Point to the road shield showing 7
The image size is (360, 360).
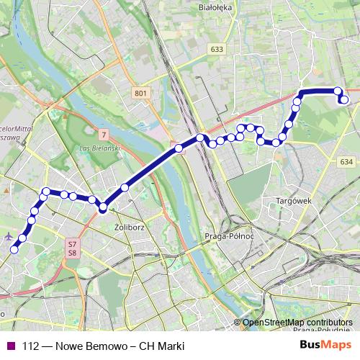(x=104, y=135)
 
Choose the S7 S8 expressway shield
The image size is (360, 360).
(x=72, y=248)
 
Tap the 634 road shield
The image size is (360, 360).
(x=347, y=162)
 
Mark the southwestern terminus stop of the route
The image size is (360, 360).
(x=14, y=250)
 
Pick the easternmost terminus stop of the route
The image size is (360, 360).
(x=344, y=100)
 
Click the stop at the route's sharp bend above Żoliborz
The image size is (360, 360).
(x=103, y=207)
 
